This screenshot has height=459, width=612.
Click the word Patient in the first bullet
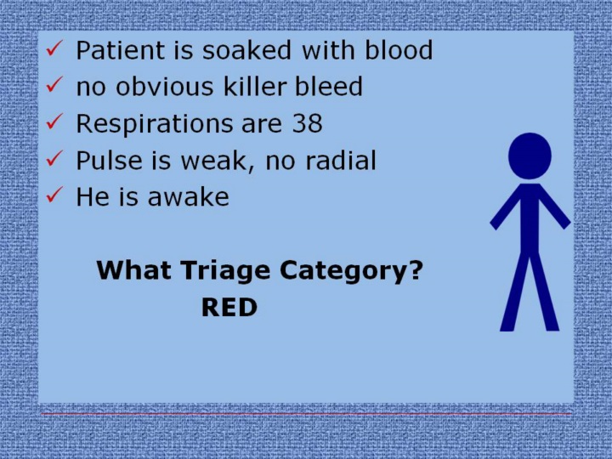120,50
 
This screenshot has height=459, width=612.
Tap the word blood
399,49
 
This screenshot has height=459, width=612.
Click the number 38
308,123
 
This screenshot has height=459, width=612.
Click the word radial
341,160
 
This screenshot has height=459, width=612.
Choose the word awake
189,196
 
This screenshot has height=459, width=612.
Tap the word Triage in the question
225,271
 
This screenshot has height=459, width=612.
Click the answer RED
229,307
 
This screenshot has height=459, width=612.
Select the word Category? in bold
351,271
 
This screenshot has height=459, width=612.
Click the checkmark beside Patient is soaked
54,48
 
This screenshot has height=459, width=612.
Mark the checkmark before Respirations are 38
54,122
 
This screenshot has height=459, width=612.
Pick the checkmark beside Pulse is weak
54,158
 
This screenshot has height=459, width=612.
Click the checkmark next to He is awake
54,195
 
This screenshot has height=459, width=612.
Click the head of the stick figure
530,156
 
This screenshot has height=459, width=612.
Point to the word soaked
246,50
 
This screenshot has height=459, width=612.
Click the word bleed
329,86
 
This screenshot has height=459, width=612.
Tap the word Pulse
109,160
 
